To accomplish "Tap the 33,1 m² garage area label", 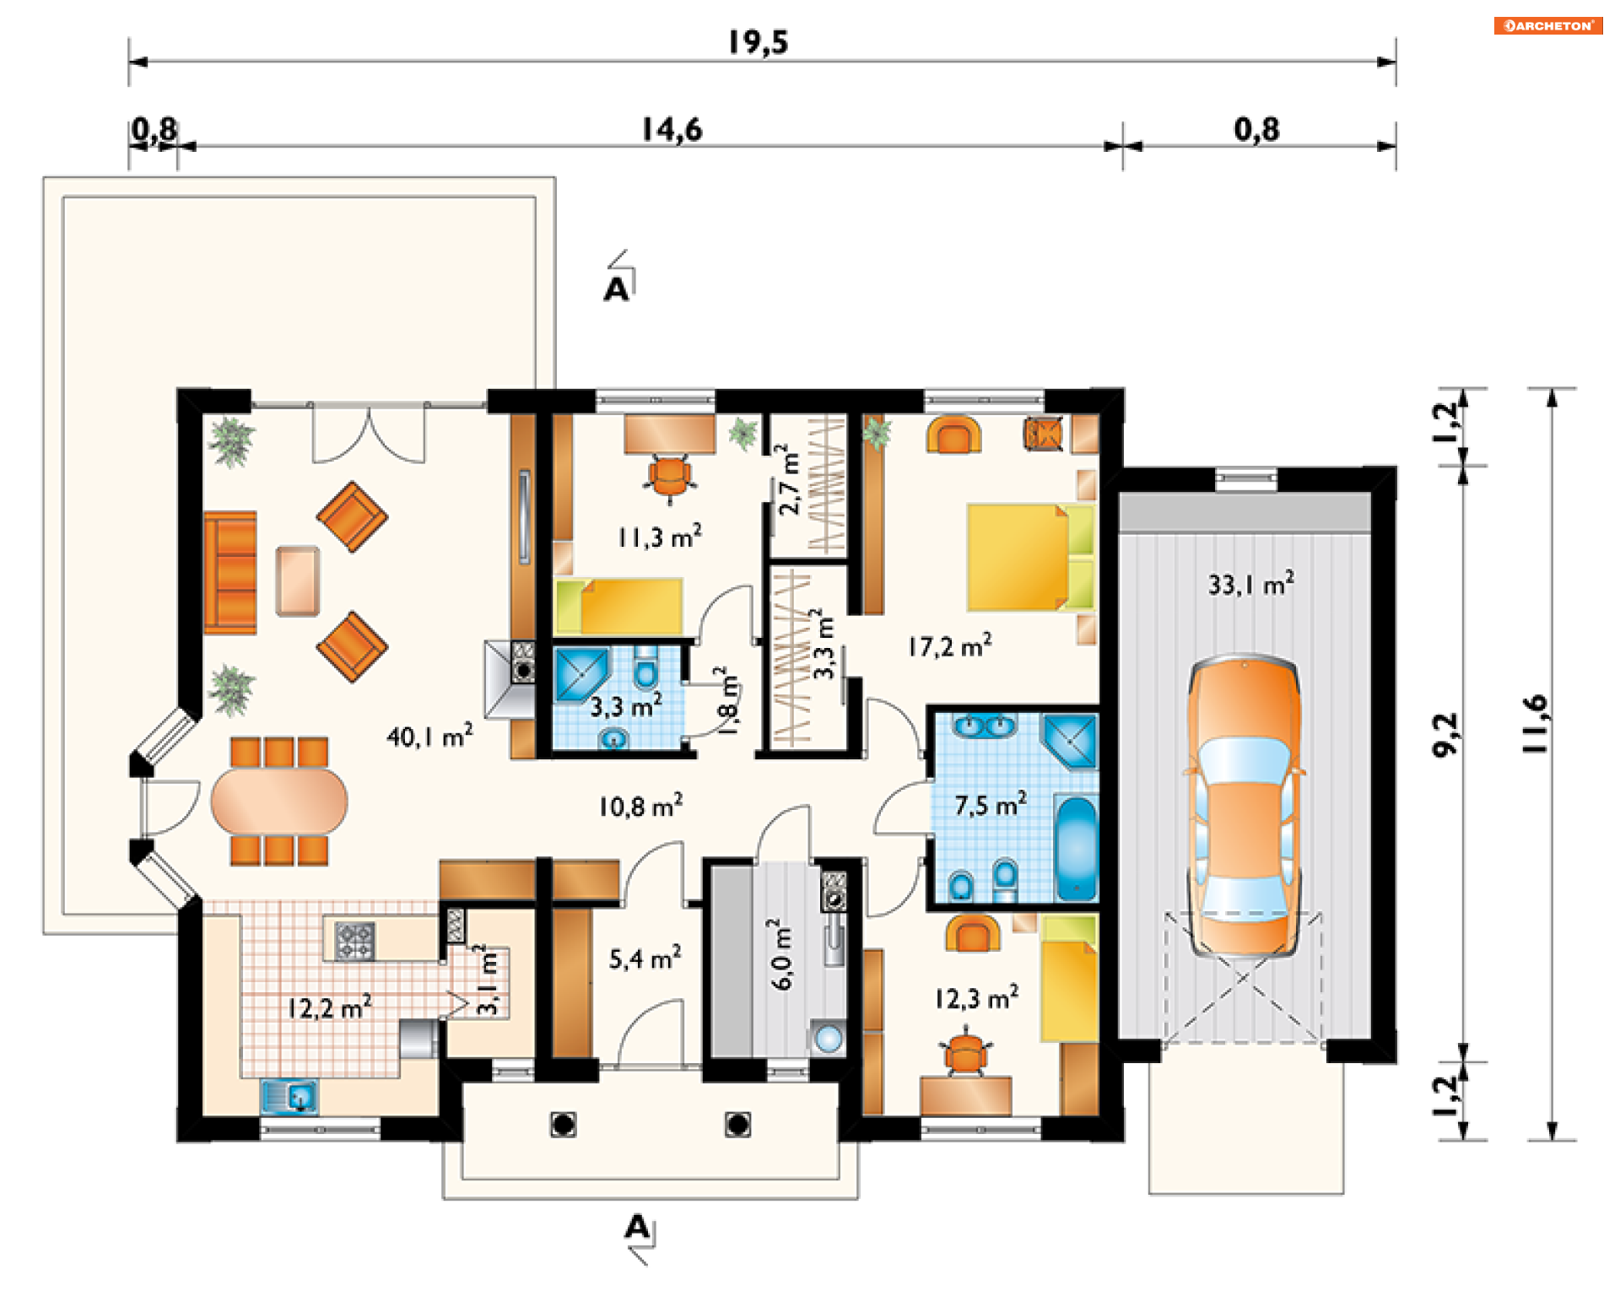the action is [x=1251, y=583].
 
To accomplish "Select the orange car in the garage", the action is [x=1245, y=806].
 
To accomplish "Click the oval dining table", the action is [x=279, y=801].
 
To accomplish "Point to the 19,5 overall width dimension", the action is [x=759, y=42].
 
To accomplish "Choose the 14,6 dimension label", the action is [x=672, y=130].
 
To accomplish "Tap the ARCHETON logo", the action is [x=1548, y=25].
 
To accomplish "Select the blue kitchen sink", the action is [x=289, y=1097].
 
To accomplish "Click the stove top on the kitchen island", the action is [x=355, y=941].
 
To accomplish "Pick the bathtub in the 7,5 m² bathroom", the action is [x=1076, y=849].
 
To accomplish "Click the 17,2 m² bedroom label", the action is [x=950, y=645].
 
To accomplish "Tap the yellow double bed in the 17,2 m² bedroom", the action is [x=1030, y=557].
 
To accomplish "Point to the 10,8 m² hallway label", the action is [x=640, y=806].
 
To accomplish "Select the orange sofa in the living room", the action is [x=229, y=572].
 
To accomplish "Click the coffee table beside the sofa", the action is [x=298, y=581].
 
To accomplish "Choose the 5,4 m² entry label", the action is [x=645, y=958].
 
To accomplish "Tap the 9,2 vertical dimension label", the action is [x=1446, y=734].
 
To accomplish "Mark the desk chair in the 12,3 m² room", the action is [x=965, y=1053].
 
